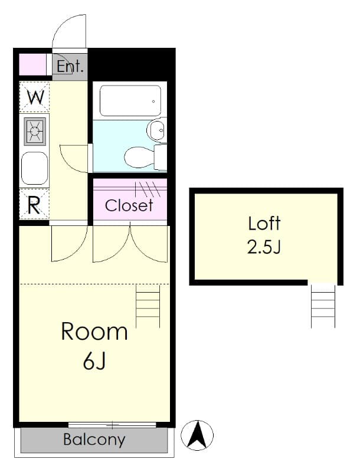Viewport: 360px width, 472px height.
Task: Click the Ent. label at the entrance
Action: (x=70, y=66)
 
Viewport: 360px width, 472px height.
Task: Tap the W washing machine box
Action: (x=35, y=97)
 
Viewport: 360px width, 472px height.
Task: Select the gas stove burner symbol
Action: (x=35, y=130)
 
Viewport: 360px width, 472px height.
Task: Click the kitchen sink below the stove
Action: (x=35, y=168)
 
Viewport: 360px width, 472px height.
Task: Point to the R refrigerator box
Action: (x=34, y=205)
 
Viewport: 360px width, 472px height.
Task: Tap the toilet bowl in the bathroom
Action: (x=139, y=157)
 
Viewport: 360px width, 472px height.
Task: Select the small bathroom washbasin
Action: (x=157, y=130)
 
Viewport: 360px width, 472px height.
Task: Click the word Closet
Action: (x=129, y=205)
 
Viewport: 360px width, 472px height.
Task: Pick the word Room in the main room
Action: (x=94, y=332)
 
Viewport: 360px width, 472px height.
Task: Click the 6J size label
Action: (x=94, y=362)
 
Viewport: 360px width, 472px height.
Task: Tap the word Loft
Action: (x=264, y=224)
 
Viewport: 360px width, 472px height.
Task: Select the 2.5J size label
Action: (x=264, y=247)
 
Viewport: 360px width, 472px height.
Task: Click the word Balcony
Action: (x=94, y=440)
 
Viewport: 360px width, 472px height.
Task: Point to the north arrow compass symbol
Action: (x=197, y=436)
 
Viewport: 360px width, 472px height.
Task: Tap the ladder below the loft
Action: (x=323, y=306)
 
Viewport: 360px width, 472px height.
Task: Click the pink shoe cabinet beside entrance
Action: (x=32, y=64)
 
